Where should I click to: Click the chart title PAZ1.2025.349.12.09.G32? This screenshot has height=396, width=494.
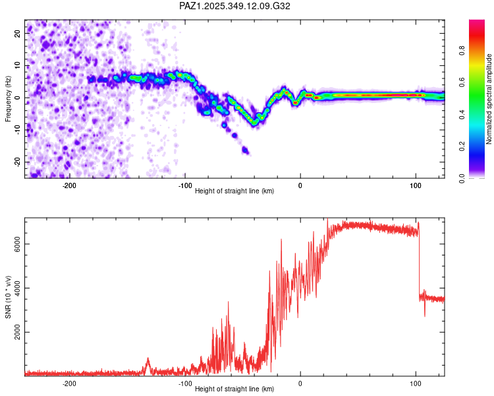(234, 6)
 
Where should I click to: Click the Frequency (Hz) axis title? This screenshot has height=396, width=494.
(8, 99)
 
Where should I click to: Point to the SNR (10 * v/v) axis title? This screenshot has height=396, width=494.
(8, 297)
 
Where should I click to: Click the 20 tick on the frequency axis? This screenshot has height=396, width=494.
(18, 32)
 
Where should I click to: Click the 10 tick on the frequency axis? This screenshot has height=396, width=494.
(18, 65)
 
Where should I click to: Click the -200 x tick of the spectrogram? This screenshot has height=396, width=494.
(70, 185)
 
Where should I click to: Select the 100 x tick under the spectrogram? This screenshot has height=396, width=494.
(416, 185)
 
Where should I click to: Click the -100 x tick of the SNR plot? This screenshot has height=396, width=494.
(185, 383)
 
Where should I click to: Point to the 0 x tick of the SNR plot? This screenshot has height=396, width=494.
(300, 383)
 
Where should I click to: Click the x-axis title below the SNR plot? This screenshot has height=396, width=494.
(234, 389)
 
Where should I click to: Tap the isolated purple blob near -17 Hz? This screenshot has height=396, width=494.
(246, 150)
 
